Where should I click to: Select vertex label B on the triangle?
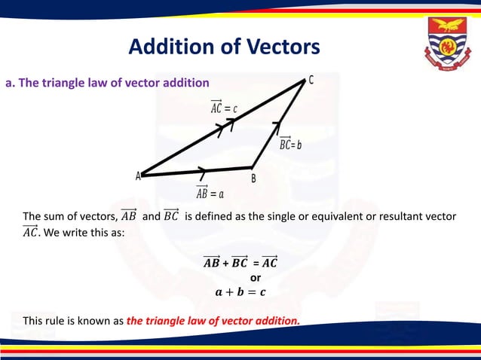pyautogui.click(x=253, y=178)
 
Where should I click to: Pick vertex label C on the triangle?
pyautogui.click(x=311, y=79)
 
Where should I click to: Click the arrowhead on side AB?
pyautogui.click(x=203, y=171)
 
